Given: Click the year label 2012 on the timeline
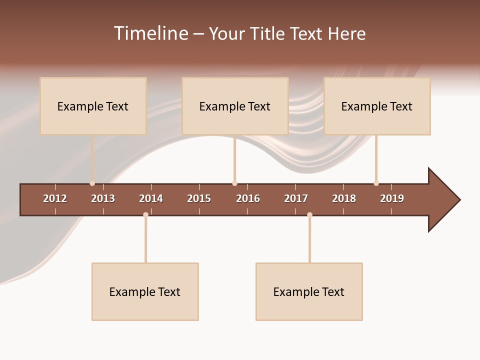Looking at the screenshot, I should coord(55,198).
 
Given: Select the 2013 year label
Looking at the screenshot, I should coord(103,198).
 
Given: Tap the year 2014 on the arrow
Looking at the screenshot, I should coord(151,198).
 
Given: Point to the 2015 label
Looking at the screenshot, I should coord(199,198).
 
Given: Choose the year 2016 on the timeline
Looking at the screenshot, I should coord(248,198).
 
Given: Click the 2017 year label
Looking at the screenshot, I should coord(296,198).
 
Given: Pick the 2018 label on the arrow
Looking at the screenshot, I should coord(344,198).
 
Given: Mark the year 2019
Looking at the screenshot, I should coord(392,198).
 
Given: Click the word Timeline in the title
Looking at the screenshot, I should coord(150,33).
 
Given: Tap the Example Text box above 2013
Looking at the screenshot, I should coord(93,106).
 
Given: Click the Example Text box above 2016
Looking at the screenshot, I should coord(235,106).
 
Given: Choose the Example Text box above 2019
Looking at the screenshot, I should coord(377,106).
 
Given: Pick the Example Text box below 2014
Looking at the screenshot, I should coord(145,291).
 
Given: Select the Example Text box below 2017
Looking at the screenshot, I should coord(309,291).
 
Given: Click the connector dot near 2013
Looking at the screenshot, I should coord(92,183).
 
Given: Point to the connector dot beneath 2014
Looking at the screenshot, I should coord(145,215).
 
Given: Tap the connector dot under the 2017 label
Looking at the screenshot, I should coord(309,215).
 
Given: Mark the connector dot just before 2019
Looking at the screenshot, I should coord(376,183).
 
